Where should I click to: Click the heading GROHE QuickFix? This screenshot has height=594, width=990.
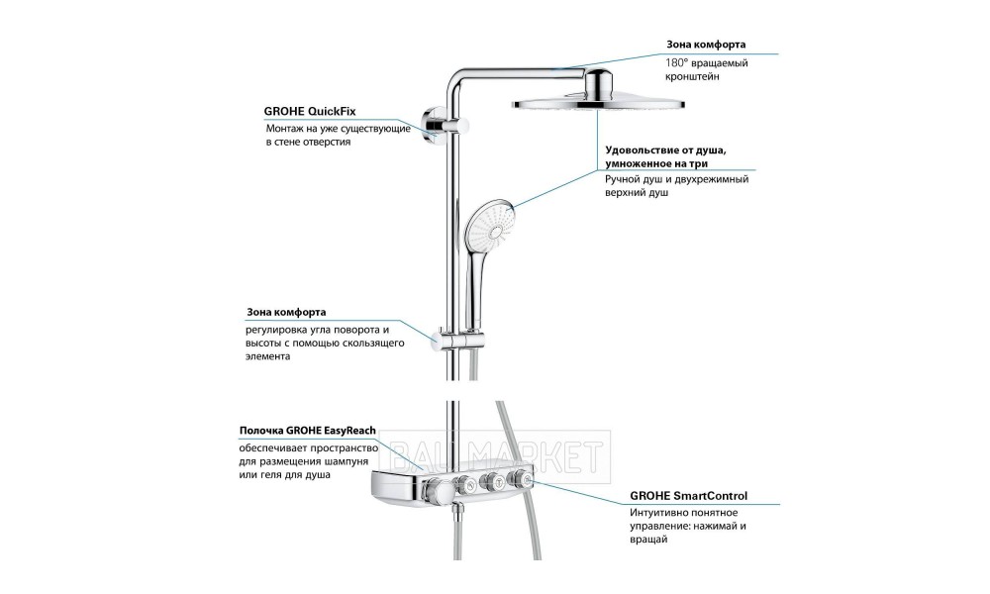click(x=309, y=112)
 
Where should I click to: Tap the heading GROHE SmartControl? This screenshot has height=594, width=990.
click(x=688, y=496)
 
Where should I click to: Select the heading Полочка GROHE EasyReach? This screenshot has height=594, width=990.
click(x=308, y=431)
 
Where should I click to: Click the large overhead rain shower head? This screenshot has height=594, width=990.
click(x=598, y=105)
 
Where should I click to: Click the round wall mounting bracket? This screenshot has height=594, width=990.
click(x=434, y=125)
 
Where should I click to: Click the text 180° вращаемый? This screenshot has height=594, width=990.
click(x=707, y=63)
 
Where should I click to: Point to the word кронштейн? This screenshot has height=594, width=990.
click(x=692, y=77)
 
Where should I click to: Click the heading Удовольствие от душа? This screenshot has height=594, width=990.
click(x=665, y=150)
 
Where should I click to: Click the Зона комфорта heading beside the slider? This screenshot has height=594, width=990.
click(x=286, y=312)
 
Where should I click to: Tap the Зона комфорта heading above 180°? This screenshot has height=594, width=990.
click(x=706, y=45)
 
